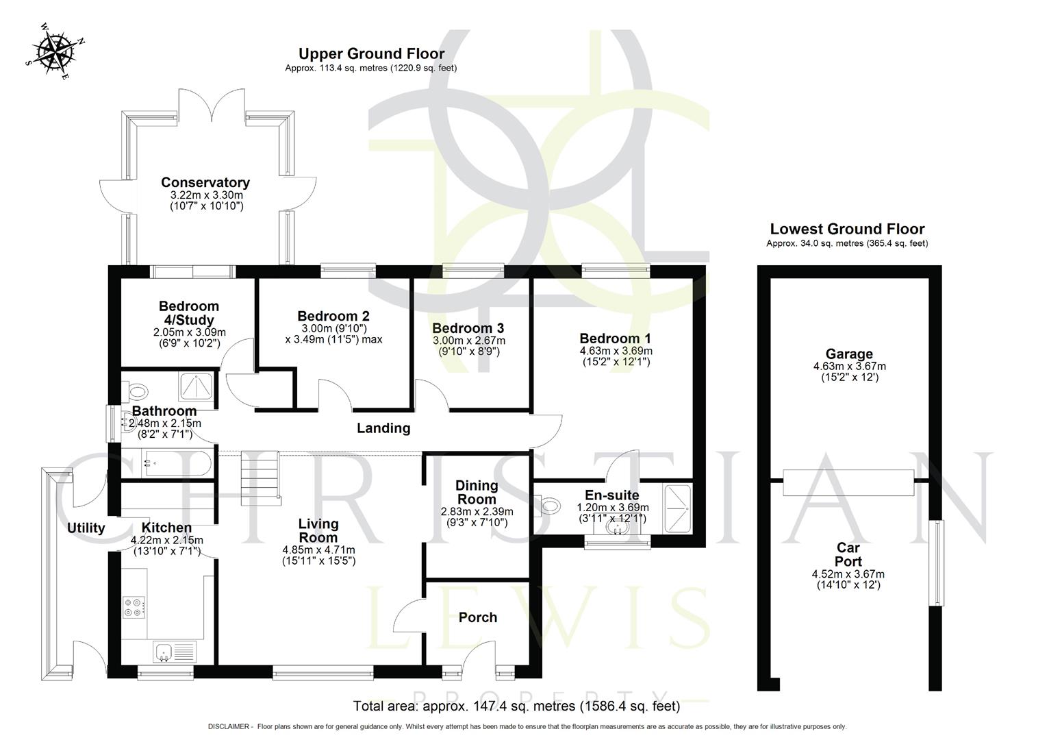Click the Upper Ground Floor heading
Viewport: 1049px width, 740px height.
coord(371,53)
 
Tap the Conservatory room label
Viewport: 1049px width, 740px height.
coord(205,182)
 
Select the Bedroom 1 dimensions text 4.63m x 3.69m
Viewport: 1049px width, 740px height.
coord(615,351)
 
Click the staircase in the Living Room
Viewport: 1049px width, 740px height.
coord(260,478)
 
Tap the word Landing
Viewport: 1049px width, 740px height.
coord(383,428)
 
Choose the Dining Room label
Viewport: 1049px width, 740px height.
coord(477,492)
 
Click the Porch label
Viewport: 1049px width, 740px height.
coord(477,617)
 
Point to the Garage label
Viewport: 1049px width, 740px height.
coord(848,354)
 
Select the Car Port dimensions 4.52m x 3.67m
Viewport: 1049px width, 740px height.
coord(848,574)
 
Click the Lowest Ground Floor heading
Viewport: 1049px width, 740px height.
coord(847,230)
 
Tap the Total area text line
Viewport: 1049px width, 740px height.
coord(516,706)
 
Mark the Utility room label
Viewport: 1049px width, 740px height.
coord(86,528)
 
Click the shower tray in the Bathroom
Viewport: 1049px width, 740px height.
coord(197,386)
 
